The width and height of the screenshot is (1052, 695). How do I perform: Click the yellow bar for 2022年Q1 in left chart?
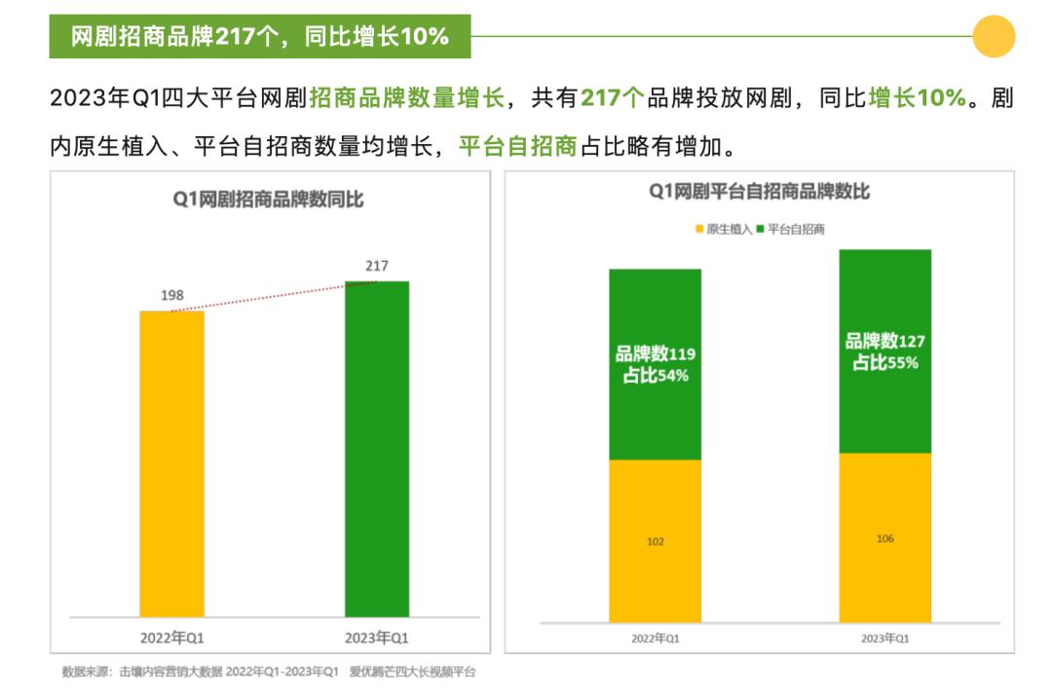(171, 463)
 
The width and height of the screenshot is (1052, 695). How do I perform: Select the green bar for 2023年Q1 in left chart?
(377, 449)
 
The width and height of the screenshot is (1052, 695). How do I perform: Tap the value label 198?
(172, 295)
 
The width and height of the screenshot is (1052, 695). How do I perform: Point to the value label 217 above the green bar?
(377, 266)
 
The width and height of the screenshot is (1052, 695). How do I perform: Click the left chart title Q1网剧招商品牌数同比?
(268, 200)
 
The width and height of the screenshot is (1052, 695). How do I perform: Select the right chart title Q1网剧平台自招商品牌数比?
(759, 193)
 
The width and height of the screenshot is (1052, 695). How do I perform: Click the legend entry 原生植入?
(723, 229)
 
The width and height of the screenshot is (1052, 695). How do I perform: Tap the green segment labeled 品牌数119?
(655, 363)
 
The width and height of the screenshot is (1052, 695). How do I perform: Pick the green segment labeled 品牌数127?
(884, 351)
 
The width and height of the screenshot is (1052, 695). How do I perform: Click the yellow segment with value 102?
(655, 540)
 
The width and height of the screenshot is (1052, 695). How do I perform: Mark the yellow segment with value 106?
(884, 537)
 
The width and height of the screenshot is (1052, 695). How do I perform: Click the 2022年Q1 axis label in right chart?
(655, 639)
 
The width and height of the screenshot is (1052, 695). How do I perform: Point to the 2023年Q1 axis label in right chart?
(884, 639)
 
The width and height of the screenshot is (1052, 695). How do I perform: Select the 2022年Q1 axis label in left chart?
(172, 638)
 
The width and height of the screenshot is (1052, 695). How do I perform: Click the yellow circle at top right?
(994, 37)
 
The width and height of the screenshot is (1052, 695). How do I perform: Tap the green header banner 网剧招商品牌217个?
(260, 37)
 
